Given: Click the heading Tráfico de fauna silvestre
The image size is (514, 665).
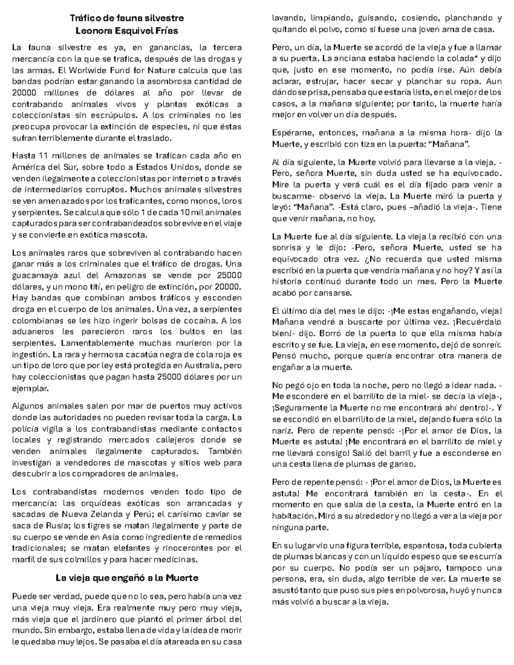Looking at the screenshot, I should point(127,18).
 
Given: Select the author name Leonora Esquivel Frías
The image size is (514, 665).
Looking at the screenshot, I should point(127,31).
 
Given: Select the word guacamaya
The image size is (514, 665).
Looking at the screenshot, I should point(32,275).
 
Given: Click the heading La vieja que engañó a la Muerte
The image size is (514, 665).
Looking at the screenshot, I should point(127,578).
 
